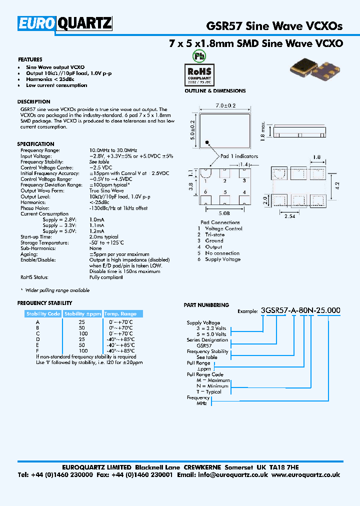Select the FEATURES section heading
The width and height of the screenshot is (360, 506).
point(30,59)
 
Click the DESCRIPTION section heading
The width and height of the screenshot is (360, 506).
point(33,101)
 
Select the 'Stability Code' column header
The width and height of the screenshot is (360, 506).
point(43,314)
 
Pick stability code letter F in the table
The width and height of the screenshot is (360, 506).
point(37,351)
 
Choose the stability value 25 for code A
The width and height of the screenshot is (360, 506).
point(82,322)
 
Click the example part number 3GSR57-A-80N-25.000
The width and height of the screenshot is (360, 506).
point(301,310)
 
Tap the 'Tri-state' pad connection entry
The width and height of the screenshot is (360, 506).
point(215,234)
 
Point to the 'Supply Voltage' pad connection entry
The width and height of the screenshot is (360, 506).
point(222,259)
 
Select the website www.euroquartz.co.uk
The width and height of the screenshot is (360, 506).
point(306,475)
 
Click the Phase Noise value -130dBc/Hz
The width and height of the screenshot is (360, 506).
point(118,208)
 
